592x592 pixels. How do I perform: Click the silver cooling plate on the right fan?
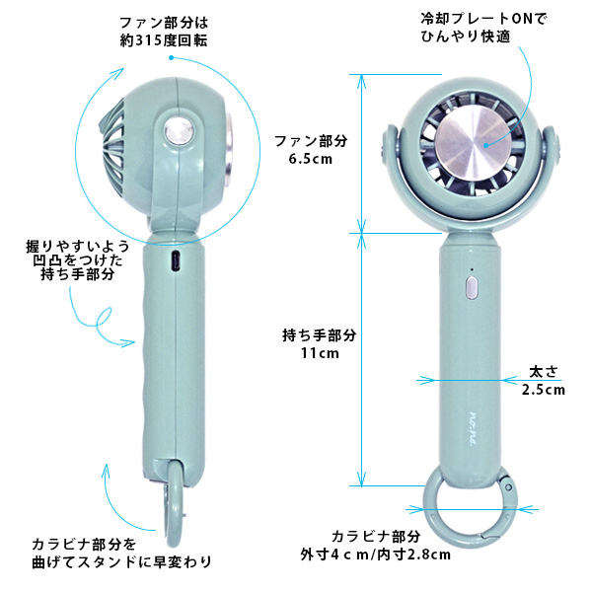click(x=480, y=145)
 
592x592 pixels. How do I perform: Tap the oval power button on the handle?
click(x=472, y=287)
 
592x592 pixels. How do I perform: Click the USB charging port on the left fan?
click(x=175, y=260)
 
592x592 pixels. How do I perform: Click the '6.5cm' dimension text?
click(x=311, y=159)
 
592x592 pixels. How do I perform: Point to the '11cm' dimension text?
click(x=320, y=353)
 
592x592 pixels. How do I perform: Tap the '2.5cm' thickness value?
click(x=544, y=390)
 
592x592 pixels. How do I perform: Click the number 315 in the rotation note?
click(x=146, y=40)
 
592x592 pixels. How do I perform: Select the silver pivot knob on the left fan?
click(x=179, y=132)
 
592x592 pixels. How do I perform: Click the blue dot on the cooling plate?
click(x=486, y=145)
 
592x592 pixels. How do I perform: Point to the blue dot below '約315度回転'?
click(x=171, y=58)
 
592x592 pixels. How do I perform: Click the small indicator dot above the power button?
click(x=472, y=269)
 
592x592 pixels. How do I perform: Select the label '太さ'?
click(x=543, y=372)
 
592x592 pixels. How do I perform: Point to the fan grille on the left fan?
click(x=112, y=147)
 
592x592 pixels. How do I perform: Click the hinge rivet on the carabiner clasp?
click(x=508, y=486)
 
